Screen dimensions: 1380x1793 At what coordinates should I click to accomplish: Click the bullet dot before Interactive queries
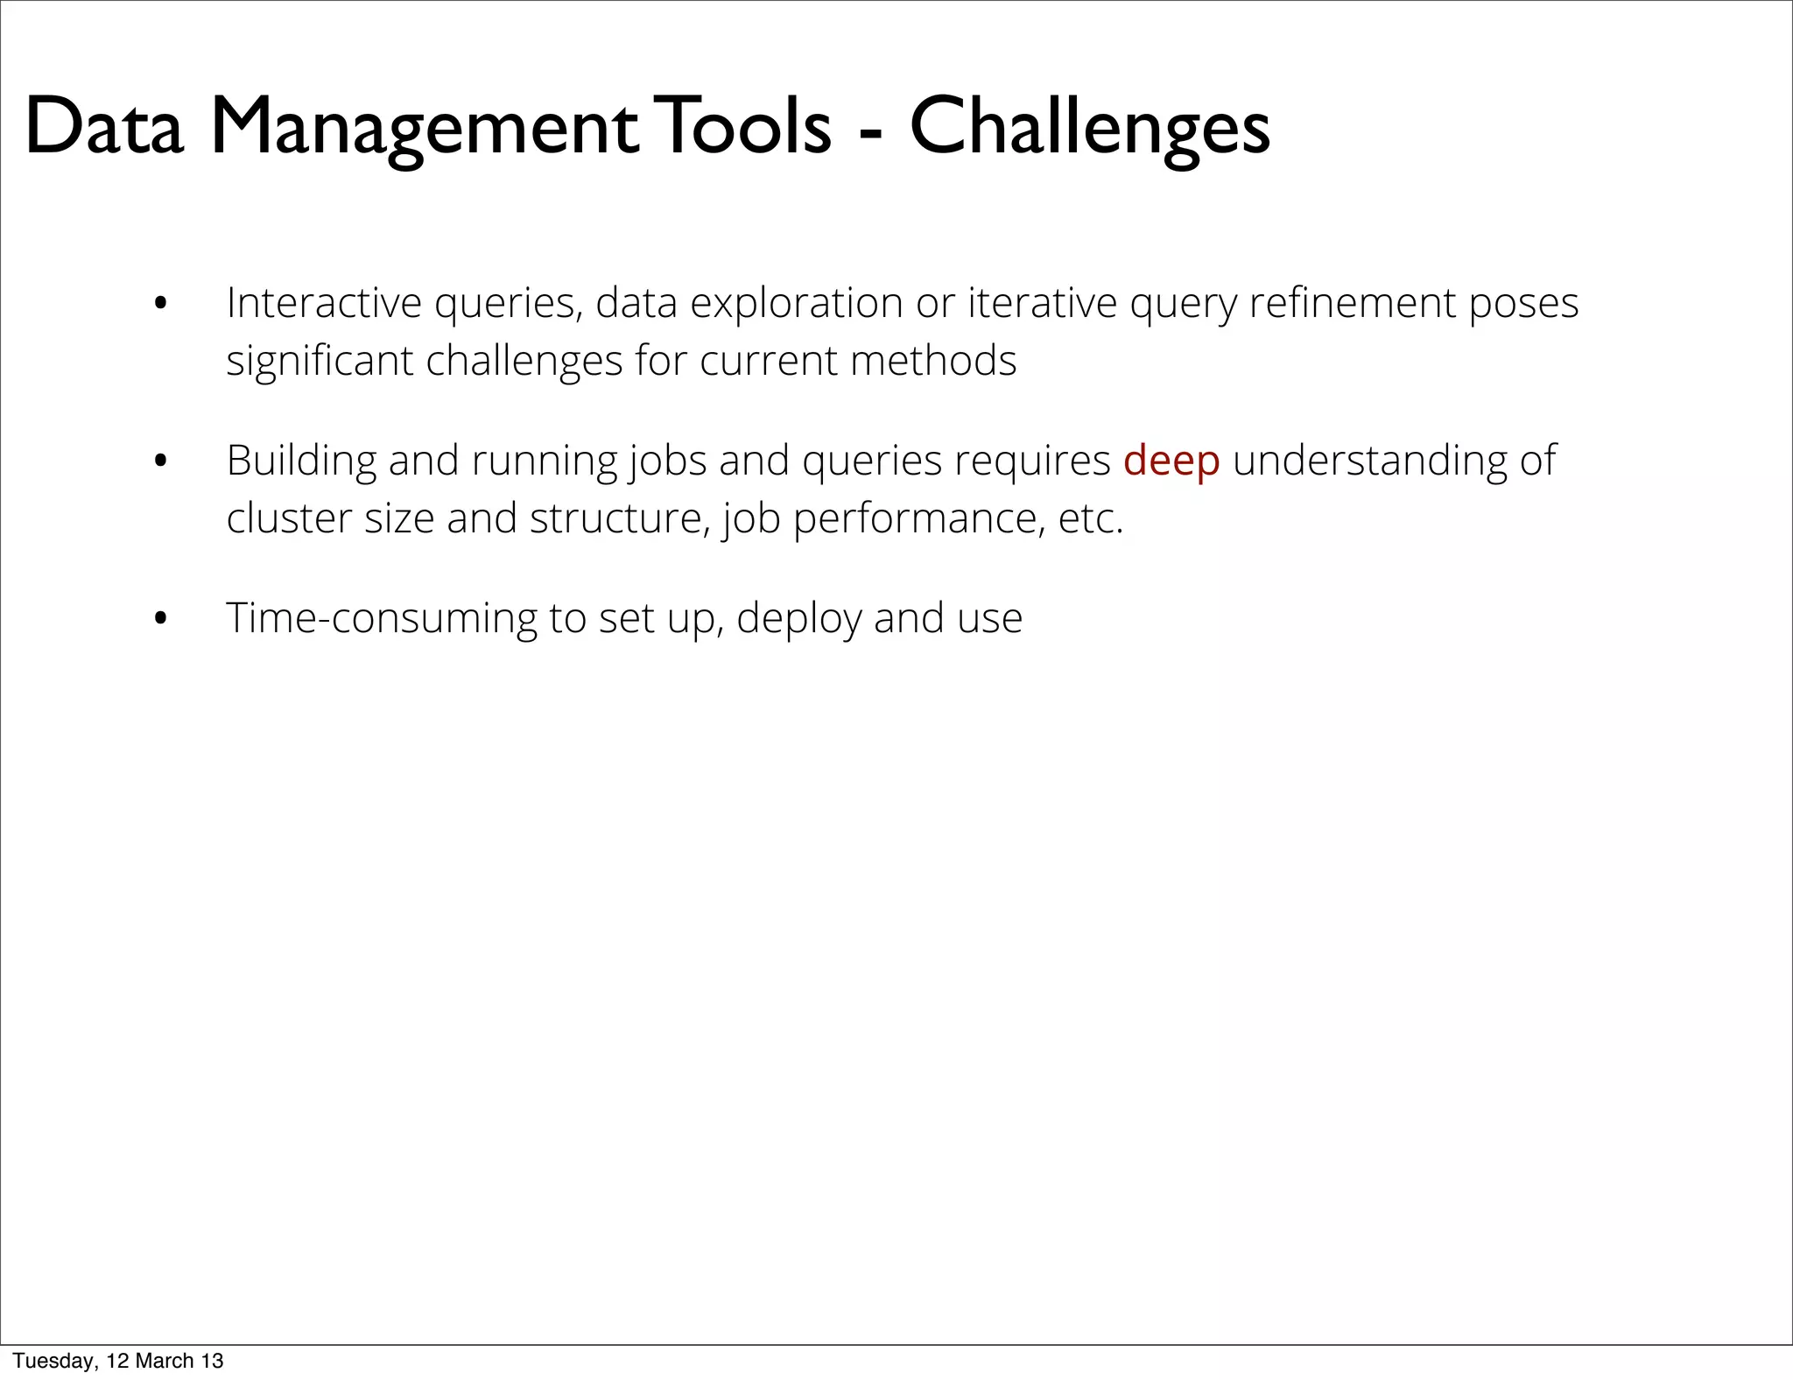pyautogui.click(x=159, y=306)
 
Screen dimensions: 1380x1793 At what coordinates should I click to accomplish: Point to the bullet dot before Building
pyautogui.click(x=159, y=462)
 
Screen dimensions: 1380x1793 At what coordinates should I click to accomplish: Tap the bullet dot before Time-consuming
pyautogui.click(x=159, y=620)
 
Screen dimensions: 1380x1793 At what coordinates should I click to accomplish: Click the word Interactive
pyautogui.click(x=324, y=303)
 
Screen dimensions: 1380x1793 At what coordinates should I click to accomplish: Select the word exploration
pyautogui.click(x=796, y=305)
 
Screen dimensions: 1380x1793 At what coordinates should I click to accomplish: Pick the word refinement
pyautogui.click(x=1351, y=303)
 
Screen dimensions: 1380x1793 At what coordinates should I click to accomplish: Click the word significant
pyautogui.click(x=320, y=362)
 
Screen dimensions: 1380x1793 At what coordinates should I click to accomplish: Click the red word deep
pyautogui.click(x=1171, y=462)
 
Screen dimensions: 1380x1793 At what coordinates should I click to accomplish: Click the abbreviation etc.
pyautogui.click(x=1090, y=519)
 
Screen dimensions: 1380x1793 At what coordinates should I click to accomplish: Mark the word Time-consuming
pyautogui.click(x=381, y=618)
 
